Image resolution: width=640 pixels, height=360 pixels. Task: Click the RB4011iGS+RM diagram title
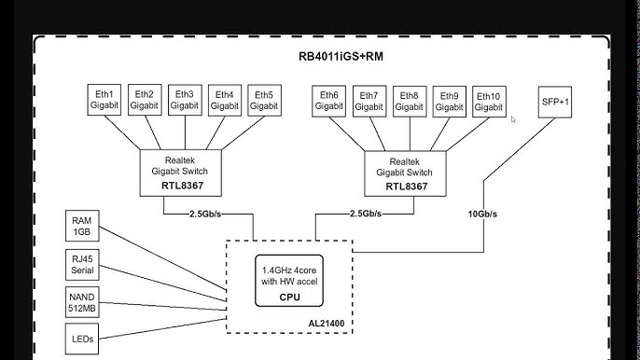[x=341, y=56]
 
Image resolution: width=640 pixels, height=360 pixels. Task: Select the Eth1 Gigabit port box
[x=104, y=100]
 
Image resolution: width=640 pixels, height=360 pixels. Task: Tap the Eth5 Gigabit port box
[x=264, y=101]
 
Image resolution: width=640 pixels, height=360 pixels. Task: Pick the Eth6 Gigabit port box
[x=328, y=102]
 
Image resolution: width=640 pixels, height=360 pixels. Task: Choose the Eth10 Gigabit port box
[x=489, y=102]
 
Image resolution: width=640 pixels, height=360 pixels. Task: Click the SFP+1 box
[x=555, y=102]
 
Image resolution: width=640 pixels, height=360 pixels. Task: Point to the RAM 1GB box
[x=82, y=226]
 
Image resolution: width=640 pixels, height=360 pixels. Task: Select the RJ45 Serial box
[x=82, y=265]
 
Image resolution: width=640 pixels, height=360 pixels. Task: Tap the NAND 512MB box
[x=82, y=302]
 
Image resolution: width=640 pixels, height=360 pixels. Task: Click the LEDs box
[x=82, y=339]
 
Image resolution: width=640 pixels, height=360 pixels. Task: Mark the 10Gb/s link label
[x=482, y=214]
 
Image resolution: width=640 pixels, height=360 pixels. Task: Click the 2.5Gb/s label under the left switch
[x=205, y=214]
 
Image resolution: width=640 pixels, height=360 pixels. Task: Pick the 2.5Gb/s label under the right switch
[x=366, y=214]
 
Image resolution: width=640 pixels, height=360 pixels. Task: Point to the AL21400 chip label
[x=327, y=324]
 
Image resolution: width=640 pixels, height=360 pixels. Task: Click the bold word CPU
[x=289, y=298]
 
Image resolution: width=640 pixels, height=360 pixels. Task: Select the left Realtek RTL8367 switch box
[x=181, y=173]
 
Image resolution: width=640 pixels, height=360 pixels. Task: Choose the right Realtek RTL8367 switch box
[x=405, y=173]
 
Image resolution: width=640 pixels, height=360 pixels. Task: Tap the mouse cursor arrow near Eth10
[x=513, y=119]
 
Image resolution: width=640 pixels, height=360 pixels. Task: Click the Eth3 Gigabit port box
[x=185, y=100]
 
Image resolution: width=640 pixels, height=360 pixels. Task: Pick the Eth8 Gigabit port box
[x=410, y=102]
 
